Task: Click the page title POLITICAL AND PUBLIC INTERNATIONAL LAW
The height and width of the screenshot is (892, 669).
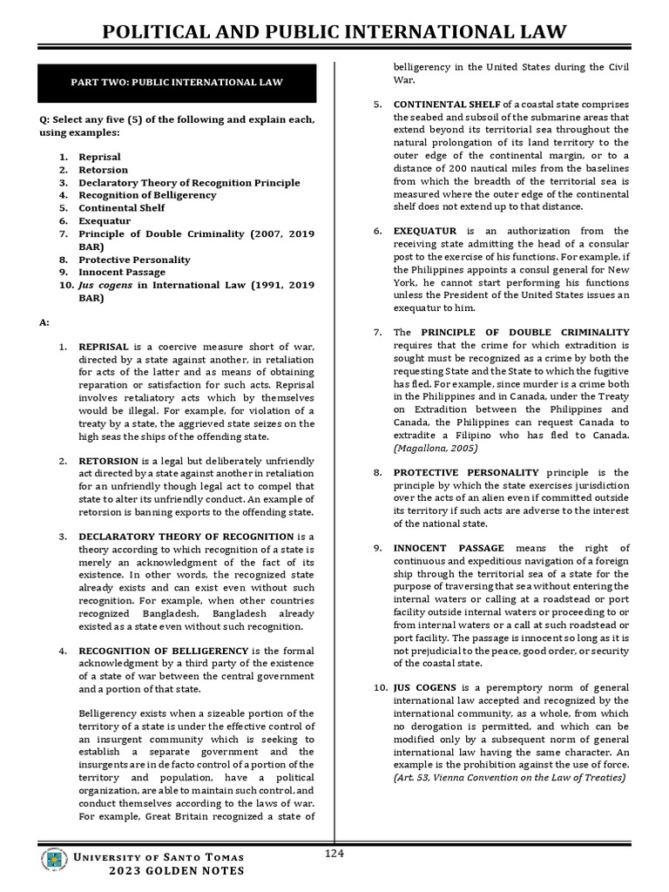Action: click(x=334, y=33)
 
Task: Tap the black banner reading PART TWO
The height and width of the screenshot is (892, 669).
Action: click(x=177, y=83)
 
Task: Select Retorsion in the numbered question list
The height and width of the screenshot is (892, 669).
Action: click(x=103, y=170)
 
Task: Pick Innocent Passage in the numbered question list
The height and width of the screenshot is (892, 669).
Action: click(x=122, y=272)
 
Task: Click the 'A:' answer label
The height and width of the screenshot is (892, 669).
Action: click(x=44, y=322)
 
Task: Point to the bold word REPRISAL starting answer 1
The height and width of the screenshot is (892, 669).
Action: click(x=104, y=348)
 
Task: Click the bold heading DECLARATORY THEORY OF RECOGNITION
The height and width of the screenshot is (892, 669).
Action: click(x=186, y=537)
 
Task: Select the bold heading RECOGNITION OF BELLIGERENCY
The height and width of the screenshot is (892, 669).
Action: click(x=163, y=650)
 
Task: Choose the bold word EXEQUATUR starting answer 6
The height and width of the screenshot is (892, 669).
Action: click(x=424, y=231)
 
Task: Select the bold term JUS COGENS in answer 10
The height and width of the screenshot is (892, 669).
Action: click(x=424, y=687)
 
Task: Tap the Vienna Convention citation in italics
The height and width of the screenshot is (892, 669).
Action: click(x=509, y=777)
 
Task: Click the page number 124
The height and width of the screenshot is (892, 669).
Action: click(x=334, y=854)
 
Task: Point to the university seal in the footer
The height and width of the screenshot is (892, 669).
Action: click(x=54, y=861)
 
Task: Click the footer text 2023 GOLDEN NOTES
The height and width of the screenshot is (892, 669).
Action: click(x=177, y=871)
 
